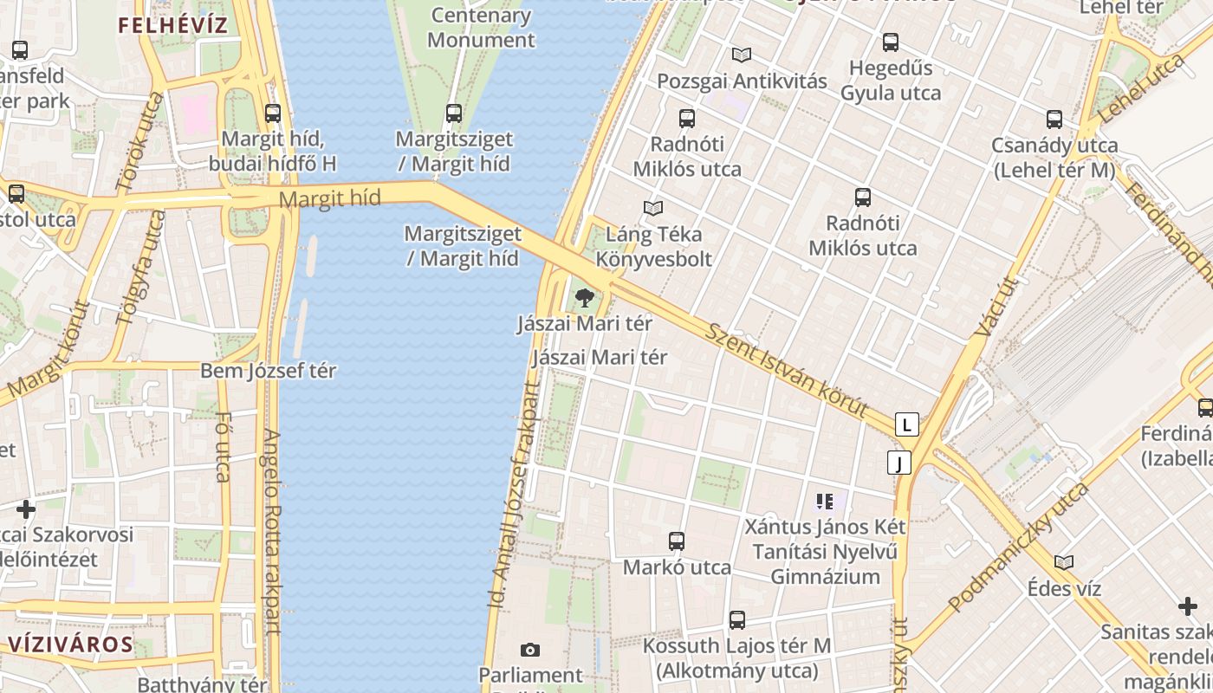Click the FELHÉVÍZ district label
172,25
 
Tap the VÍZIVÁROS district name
70,644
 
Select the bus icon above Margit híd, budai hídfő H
273,113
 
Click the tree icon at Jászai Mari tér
585,298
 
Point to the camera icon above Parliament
530,650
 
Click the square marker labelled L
906,424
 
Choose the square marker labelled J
899,463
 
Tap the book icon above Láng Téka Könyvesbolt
653,209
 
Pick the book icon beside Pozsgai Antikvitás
741,55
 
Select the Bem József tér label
268,371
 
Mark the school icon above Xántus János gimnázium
824,501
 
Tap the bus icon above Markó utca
677,541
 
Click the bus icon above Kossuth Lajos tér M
736,620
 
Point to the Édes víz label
1064,589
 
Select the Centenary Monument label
481,28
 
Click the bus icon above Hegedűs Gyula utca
891,42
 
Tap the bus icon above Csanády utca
1054,120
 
